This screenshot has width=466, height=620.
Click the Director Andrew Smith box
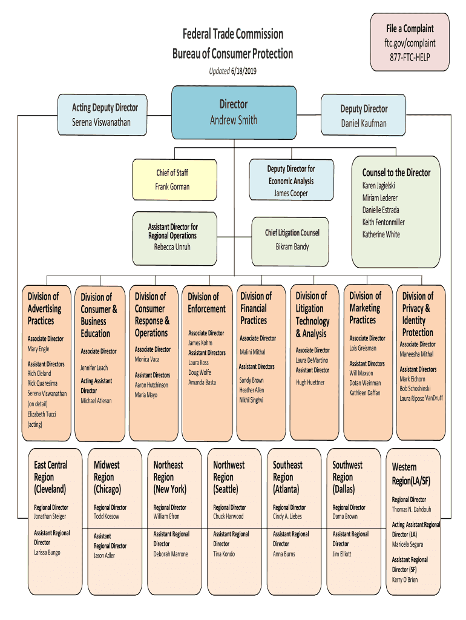[234, 113]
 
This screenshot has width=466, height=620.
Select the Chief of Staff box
[174, 179]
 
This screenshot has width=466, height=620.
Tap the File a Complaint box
[410, 42]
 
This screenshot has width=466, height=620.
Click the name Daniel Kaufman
[364, 124]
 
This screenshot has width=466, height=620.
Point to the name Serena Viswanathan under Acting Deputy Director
[101, 122]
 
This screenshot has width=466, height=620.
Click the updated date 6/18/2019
[244, 71]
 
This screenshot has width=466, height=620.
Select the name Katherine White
[381, 234]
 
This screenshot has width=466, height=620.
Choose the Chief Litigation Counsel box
[290, 242]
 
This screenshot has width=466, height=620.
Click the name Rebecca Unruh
[172, 247]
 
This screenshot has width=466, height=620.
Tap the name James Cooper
[291, 193]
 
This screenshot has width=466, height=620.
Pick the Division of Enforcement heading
[207, 303]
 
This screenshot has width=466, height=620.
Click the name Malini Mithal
[252, 352]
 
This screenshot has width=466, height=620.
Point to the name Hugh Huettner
[310, 383]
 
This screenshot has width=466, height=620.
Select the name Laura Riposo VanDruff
[421, 398]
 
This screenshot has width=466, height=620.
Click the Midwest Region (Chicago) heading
[107, 477]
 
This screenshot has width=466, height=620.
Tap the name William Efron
[166, 516]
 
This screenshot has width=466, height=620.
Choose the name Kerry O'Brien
[405, 579]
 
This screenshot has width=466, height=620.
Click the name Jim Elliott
[342, 554]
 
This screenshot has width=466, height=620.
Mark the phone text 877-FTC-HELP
[410, 58]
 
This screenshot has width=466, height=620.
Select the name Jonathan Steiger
[50, 516]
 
